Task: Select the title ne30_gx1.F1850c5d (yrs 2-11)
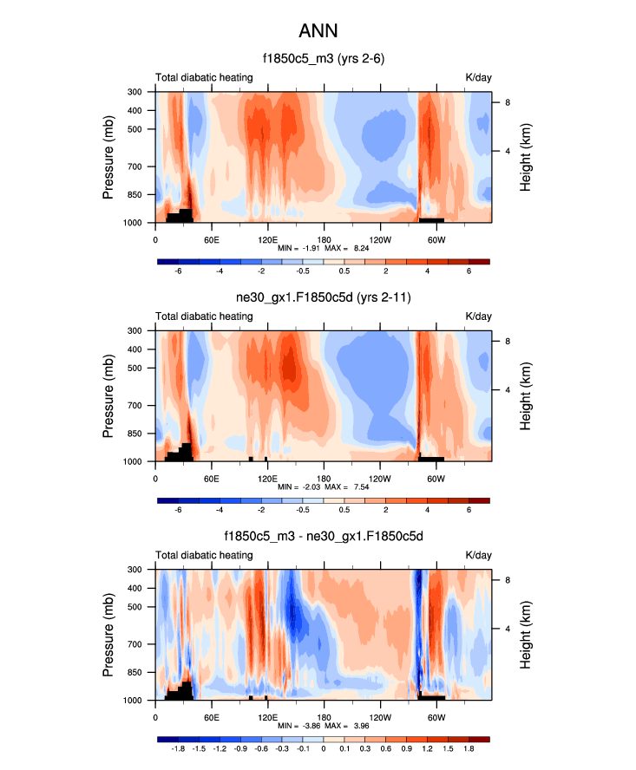coord(323,300)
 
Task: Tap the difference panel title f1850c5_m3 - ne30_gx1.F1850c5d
coord(323,538)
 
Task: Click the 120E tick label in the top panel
coord(267,239)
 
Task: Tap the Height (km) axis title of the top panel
coord(526,157)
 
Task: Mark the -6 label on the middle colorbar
coord(179,510)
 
